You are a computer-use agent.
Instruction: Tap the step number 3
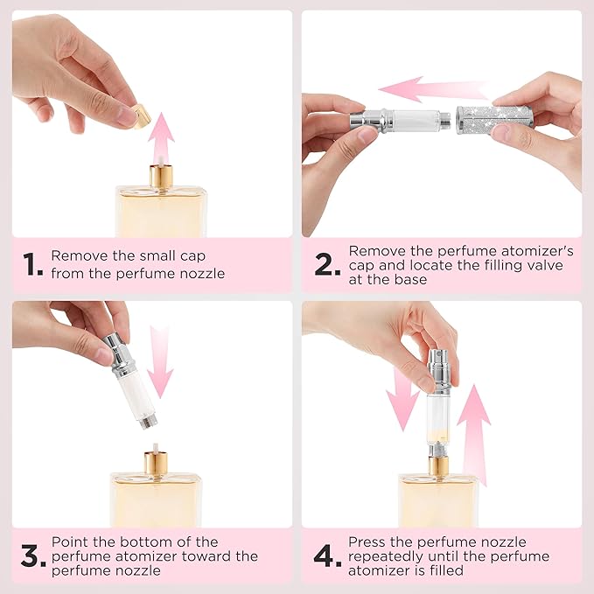coord(31,556)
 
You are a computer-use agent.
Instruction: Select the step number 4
coord(326,556)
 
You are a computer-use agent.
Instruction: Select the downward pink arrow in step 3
coord(161,359)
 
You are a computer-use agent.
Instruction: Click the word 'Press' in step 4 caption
coord(367,542)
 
